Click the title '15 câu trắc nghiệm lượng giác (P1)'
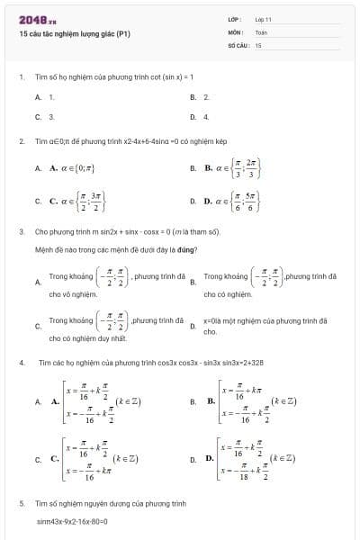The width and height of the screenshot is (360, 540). coord(75,34)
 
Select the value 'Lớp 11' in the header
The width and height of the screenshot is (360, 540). coord(264,19)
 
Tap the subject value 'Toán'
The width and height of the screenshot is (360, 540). coord(261,31)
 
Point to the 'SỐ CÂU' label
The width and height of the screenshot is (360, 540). coord(238,44)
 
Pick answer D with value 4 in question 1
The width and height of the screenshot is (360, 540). coord(206,117)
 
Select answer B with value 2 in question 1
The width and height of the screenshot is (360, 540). coord(206,96)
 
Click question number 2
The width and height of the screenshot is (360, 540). coord(22,141)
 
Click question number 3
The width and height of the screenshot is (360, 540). coord(22,231)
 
